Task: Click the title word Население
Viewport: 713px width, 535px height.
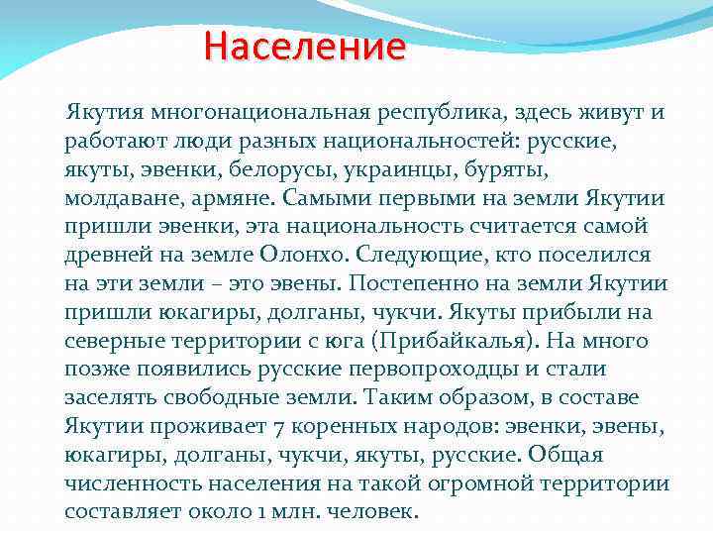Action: tap(305, 47)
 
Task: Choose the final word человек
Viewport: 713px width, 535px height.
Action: tap(375, 513)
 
